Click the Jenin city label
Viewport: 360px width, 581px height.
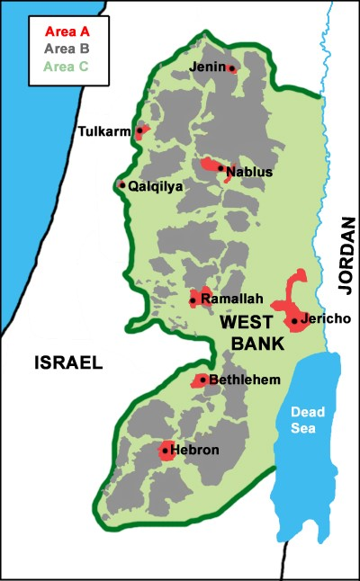tap(208, 67)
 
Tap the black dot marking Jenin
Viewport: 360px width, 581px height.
tap(232, 68)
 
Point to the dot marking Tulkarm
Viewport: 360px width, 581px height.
tap(139, 130)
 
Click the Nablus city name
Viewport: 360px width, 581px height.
tap(249, 171)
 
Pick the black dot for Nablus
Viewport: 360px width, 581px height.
tap(220, 167)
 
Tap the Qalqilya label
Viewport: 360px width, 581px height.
tap(156, 186)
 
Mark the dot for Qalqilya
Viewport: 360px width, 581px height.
tap(122, 185)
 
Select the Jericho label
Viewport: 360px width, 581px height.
tap(327, 319)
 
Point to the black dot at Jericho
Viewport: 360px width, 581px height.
tap(294, 320)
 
